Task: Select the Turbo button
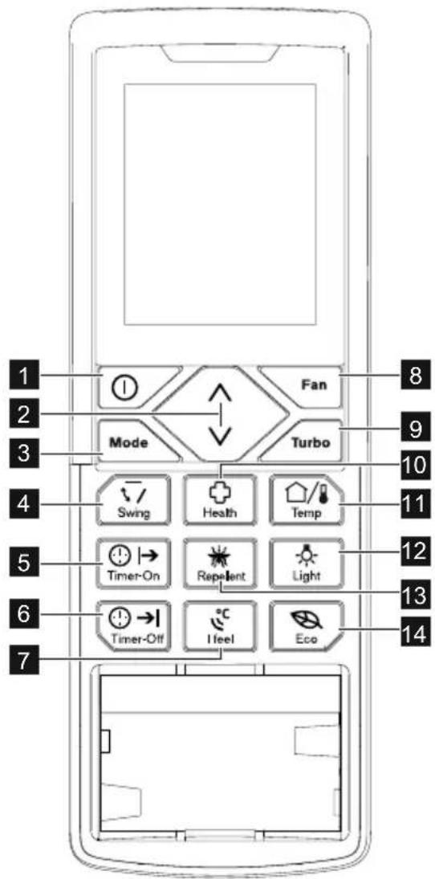[306, 441]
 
